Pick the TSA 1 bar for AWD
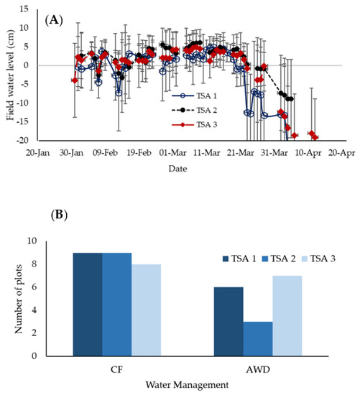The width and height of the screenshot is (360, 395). tap(230, 321)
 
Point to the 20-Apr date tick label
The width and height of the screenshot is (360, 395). tap(342, 152)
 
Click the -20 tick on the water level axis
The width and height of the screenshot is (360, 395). tap(27, 140)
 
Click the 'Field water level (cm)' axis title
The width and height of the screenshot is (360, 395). tap(9, 75)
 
